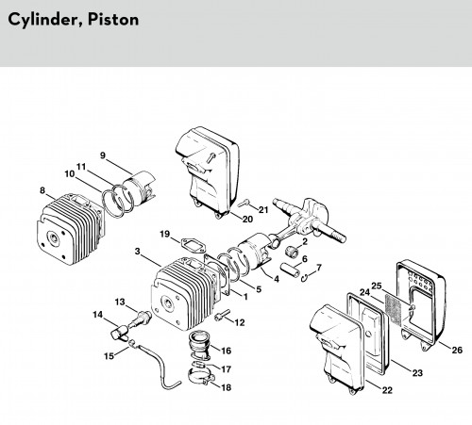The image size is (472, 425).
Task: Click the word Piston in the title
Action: [113, 20]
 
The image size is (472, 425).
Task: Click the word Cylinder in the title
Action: [45, 20]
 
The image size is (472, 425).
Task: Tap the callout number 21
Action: [263, 209]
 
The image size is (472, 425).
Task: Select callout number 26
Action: [457, 350]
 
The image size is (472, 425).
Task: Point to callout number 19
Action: [164, 234]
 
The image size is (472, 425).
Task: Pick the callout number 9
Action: [103, 155]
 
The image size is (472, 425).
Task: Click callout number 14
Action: [97, 314]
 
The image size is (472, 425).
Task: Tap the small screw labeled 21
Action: [244, 204]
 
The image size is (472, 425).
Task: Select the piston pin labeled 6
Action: [289, 270]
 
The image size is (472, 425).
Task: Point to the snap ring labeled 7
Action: [304, 278]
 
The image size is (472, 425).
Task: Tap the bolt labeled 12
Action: [222, 315]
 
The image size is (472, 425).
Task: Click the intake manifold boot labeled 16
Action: [199, 345]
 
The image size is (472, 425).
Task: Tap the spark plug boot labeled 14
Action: [120, 333]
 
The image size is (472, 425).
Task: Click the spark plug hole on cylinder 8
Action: [54, 239]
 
